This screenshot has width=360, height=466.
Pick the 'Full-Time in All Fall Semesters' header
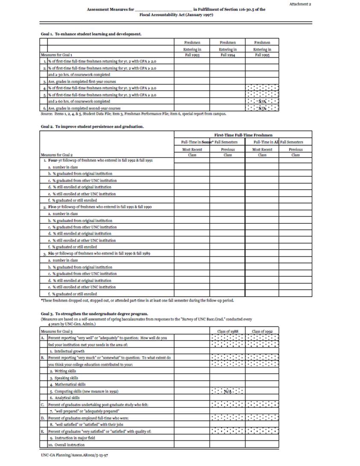[x=278, y=142]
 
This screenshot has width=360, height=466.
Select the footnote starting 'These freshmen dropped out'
[x=137, y=300]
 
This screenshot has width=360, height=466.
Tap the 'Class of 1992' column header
[x=262, y=331]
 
